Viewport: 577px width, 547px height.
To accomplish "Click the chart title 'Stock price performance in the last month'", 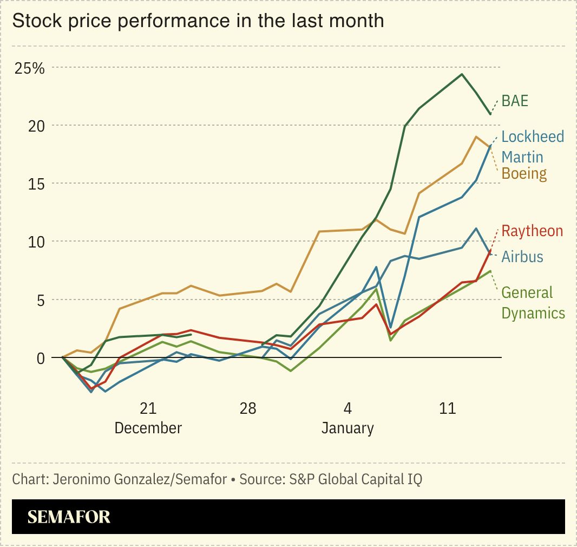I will pyautogui.click(x=198, y=21).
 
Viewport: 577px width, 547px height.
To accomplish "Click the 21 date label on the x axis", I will pyautogui.click(x=148, y=408).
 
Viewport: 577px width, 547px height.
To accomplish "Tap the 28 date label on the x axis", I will pyautogui.click(x=248, y=408).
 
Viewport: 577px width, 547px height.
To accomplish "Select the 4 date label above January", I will pyautogui.click(x=347, y=408).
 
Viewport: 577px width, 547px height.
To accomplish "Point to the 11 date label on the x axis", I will pyautogui.click(x=448, y=408).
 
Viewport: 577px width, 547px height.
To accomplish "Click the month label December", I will pyautogui.click(x=148, y=428).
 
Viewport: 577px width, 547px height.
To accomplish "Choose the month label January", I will pyautogui.click(x=347, y=428).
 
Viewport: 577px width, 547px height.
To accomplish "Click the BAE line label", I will pyautogui.click(x=515, y=101).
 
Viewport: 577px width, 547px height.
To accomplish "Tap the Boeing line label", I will pyautogui.click(x=524, y=173).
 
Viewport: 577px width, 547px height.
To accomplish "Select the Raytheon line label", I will pyautogui.click(x=532, y=231).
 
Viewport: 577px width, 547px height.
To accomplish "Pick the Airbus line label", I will pyautogui.click(x=522, y=256).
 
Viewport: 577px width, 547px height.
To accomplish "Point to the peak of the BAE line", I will pyautogui.click(x=462, y=74).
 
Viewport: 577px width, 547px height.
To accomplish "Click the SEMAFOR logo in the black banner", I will pyautogui.click(x=69, y=517).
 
